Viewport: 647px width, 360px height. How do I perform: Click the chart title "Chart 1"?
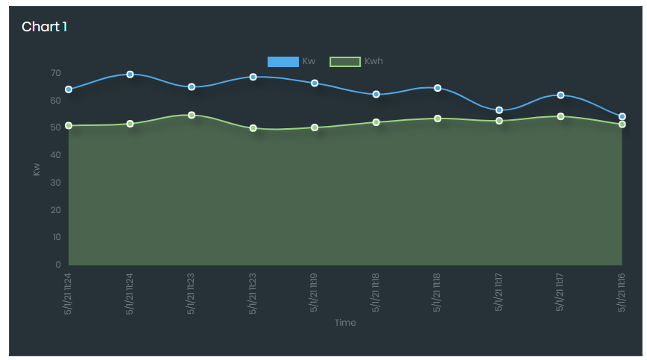coord(44,27)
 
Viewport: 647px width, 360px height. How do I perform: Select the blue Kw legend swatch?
coord(283,61)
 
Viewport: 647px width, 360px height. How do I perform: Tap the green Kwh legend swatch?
coord(344,61)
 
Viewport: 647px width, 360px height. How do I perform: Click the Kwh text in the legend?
coord(373,61)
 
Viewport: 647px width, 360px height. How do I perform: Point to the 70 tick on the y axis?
coord(55,73)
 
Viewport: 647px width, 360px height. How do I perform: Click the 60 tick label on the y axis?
coord(55,101)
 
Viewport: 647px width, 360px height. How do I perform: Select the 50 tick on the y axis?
coord(55,127)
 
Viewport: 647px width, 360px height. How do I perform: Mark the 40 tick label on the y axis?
coord(55,155)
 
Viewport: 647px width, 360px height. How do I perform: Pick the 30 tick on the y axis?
coord(55,183)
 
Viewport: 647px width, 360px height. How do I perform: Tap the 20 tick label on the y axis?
coord(55,210)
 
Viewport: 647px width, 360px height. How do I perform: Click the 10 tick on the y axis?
coord(55,237)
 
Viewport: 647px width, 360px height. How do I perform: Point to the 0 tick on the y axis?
coord(57,265)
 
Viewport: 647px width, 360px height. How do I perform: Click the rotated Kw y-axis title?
coord(37,169)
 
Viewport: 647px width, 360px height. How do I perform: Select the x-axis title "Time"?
coord(345,323)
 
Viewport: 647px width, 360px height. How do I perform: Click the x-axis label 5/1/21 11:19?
coord(315,293)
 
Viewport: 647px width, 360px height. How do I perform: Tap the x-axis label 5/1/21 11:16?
coord(622,293)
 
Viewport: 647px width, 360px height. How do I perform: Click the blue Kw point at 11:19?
coord(315,83)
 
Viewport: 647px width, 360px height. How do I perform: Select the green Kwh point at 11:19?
coord(315,127)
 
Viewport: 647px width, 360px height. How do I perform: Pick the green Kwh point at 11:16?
coord(622,124)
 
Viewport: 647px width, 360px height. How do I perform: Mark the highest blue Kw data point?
coord(130,75)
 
